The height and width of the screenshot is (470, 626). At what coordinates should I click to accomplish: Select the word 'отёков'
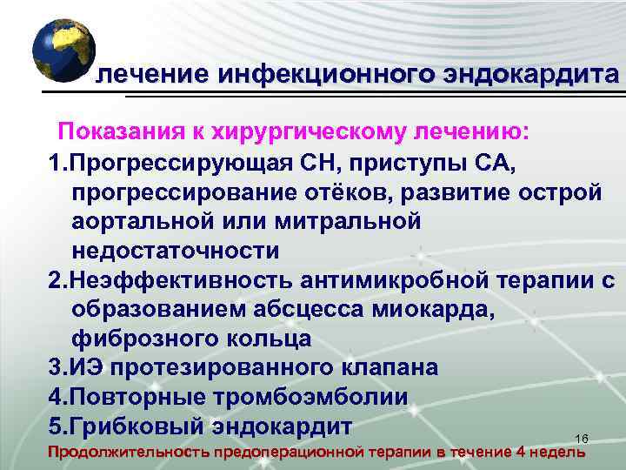pyautogui.click(x=339, y=192)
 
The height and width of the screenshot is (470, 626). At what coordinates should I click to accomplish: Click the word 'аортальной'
pyautogui.click(x=143, y=222)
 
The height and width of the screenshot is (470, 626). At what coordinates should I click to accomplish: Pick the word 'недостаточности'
pyautogui.click(x=176, y=252)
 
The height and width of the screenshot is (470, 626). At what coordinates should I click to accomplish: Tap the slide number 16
pyautogui.click(x=583, y=438)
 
